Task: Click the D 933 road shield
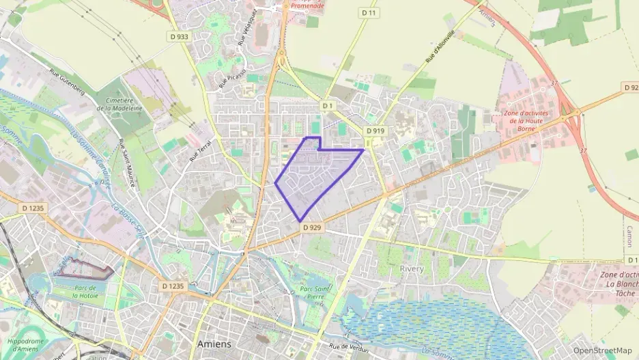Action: pos(179,37)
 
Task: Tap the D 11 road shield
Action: pos(369,13)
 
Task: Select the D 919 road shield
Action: pos(375,130)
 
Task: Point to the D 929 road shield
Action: pos(311,227)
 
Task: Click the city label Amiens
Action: pos(214,344)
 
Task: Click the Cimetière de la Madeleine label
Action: pos(120,104)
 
